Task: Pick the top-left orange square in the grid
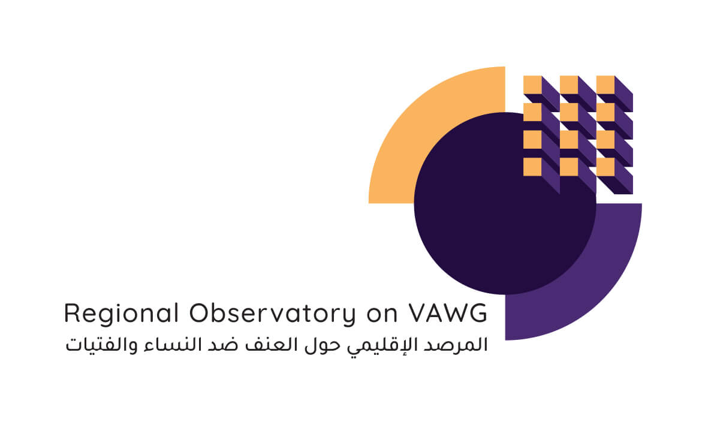(x=532, y=85)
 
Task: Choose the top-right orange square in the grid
(x=605, y=85)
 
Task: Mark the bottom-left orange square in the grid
(x=532, y=167)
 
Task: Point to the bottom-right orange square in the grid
(x=605, y=167)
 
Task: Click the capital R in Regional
(x=72, y=313)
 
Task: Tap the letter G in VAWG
(x=478, y=313)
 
